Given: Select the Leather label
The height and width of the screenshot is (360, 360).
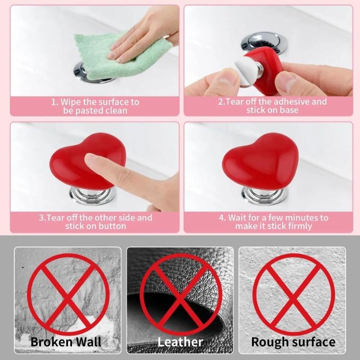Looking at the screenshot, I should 180,342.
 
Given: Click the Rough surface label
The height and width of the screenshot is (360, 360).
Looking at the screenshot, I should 293,342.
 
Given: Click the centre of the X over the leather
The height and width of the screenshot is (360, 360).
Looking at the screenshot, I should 180,292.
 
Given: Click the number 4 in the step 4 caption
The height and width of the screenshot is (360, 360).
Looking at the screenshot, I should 222,218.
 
